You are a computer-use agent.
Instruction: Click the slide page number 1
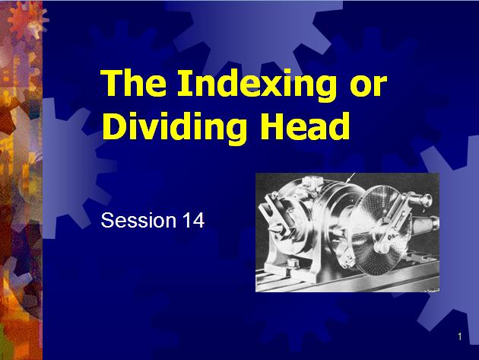click(x=461, y=336)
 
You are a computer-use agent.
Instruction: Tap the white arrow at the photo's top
click(x=351, y=178)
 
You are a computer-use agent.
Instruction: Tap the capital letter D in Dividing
click(x=113, y=126)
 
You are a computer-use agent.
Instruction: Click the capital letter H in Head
click(x=274, y=126)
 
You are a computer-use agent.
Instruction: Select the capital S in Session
click(x=107, y=221)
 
